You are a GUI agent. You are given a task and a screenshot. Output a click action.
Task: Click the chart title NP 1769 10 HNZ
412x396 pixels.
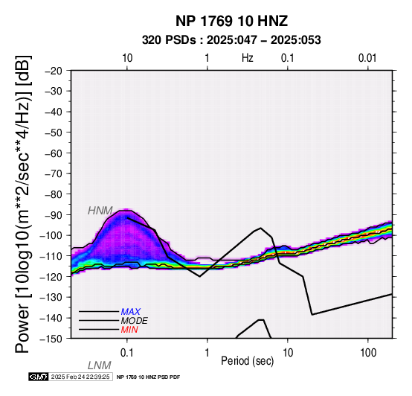(x=231, y=21)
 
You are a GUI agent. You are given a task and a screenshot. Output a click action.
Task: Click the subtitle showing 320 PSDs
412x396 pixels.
(x=231, y=40)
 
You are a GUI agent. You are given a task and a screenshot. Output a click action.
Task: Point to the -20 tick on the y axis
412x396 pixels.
(x=54, y=71)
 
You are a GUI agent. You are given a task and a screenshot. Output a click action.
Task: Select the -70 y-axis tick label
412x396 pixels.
(x=54, y=174)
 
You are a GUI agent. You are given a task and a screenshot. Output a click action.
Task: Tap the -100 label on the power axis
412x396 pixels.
(x=51, y=236)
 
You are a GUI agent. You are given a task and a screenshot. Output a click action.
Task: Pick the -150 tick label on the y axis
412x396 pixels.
(x=51, y=339)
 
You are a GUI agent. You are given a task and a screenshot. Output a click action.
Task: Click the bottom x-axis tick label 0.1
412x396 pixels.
(x=127, y=353)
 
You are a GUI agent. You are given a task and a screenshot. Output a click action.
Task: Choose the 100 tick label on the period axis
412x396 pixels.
(x=368, y=353)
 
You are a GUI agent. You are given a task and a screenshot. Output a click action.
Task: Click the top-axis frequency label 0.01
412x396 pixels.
(x=367, y=58)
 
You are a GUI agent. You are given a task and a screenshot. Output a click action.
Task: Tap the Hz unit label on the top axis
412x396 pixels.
(x=248, y=58)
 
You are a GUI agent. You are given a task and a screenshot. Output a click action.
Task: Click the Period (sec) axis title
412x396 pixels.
(x=248, y=361)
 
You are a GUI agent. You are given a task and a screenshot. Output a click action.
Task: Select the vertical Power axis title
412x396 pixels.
(x=22, y=204)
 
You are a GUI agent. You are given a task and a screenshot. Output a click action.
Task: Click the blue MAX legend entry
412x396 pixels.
(x=131, y=312)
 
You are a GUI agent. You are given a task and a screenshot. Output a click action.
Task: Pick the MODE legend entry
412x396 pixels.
(x=135, y=321)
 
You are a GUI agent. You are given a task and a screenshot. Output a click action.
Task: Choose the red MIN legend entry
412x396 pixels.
(x=129, y=330)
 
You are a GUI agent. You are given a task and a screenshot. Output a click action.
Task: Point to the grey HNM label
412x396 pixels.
(x=100, y=211)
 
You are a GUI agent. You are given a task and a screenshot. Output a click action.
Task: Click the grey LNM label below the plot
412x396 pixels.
(x=100, y=365)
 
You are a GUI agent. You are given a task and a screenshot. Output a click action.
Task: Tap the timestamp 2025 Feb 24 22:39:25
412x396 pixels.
(x=80, y=377)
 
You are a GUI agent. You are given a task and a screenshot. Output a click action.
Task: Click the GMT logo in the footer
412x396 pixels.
(x=39, y=377)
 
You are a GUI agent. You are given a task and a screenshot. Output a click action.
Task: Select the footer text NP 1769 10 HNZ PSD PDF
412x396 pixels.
(x=149, y=377)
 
